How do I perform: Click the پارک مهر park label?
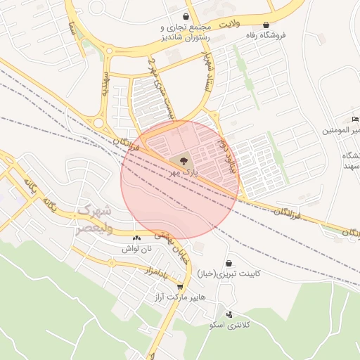(181, 172)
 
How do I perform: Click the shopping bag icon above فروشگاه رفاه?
(265, 25)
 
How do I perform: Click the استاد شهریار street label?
(206, 70)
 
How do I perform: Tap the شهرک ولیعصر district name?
(94, 218)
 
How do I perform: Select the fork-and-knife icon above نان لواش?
(136, 238)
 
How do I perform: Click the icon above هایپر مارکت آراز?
(181, 287)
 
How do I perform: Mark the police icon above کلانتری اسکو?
(229, 314)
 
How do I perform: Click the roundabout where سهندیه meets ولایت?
(108, 49)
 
